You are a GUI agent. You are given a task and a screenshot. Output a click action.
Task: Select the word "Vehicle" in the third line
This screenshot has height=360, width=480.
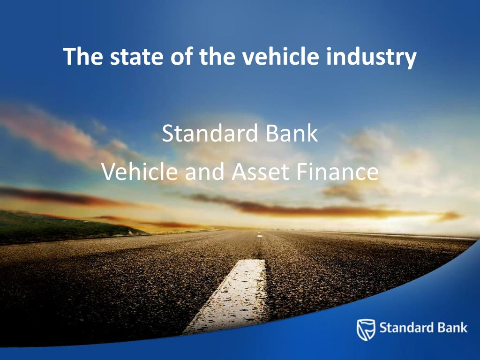point(140,172)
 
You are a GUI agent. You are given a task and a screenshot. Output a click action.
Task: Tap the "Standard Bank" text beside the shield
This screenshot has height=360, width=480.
point(423,327)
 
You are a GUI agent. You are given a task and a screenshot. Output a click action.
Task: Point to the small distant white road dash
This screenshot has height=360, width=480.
point(260,236)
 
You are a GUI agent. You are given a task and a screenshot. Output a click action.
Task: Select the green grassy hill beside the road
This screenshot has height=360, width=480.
point(56,225)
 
